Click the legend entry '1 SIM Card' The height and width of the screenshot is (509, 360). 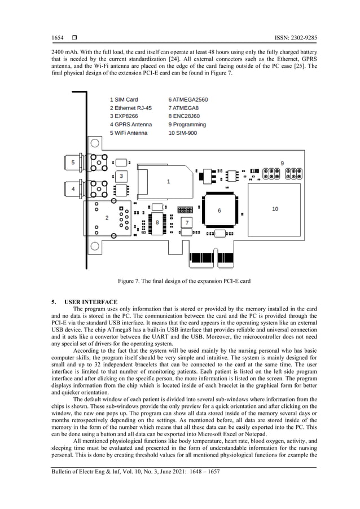point(124,99)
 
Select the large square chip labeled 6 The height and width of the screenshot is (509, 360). point(219,209)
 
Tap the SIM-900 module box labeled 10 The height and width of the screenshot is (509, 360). point(274,209)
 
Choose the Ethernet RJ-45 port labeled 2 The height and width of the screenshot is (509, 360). point(108,217)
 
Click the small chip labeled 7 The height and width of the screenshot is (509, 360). point(188,222)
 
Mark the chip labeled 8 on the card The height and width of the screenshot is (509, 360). point(157,223)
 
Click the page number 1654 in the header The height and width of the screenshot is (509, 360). point(58,38)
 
